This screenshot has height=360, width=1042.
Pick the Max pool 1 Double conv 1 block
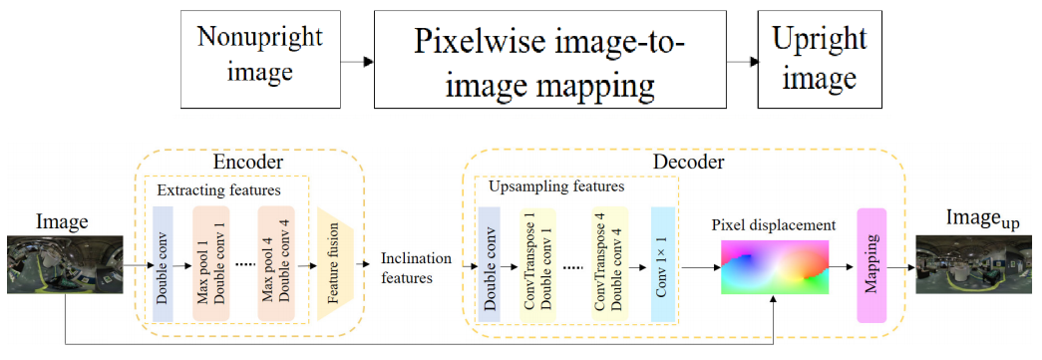pyautogui.click(x=211, y=264)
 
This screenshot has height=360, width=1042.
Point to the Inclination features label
pyautogui.click(x=416, y=267)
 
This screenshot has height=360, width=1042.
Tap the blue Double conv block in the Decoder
pyautogui.click(x=490, y=264)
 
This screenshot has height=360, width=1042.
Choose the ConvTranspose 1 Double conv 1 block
pyautogui.click(x=538, y=264)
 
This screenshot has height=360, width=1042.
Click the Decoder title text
pyautogui.click(x=688, y=162)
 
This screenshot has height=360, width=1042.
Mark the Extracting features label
pyautogui.click(x=218, y=188)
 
